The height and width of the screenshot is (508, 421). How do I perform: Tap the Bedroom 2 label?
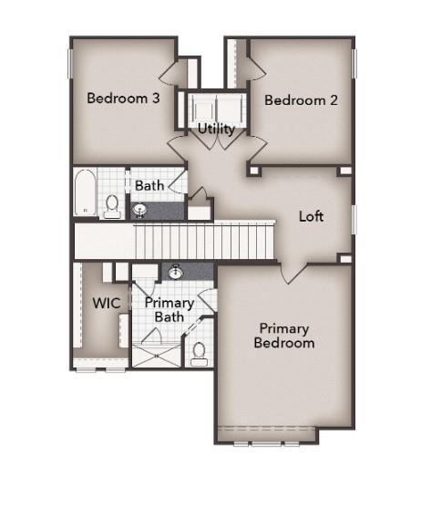[x=301, y=99]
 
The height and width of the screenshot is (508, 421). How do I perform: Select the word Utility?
[x=216, y=129]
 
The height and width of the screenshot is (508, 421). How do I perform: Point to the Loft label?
[x=312, y=216]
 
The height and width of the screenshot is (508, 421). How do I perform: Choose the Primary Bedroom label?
[x=284, y=335]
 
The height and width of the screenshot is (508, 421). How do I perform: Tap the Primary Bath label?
[x=169, y=309]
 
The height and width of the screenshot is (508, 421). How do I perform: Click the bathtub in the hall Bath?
[x=85, y=192]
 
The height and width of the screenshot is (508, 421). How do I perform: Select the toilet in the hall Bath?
[x=112, y=206]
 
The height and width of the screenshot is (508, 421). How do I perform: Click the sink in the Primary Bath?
[x=176, y=271]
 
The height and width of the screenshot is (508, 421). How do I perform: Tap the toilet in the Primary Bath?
[x=198, y=352]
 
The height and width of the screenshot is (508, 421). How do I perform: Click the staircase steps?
[x=204, y=242]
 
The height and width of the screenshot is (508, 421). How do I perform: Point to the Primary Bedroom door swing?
[x=292, y=272]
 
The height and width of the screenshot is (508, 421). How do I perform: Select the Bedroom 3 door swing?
[x=174, y=73]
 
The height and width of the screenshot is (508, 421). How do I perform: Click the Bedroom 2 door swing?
[x=256, y=69]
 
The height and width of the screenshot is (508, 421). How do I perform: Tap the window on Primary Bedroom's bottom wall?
[x=266, y=443]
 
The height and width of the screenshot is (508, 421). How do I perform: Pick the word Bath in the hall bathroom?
[x=149, y=185]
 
